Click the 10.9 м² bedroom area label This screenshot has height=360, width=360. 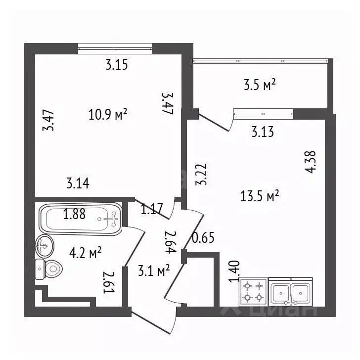point(108,115)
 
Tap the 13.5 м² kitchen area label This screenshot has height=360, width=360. point(260,196)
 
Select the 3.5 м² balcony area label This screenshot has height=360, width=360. point(260,85)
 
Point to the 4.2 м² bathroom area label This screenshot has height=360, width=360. point(86,253)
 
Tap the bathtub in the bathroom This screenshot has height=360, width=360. point(81,219)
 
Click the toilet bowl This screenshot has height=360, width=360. point(49,269)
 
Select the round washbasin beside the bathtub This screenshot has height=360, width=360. point(45,246)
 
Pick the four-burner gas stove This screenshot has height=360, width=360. point(254,292)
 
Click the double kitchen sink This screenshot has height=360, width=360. point(291,292)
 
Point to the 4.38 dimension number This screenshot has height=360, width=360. point(310,162)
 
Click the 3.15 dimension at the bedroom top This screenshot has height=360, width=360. point(117,65)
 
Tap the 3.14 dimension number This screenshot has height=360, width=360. point(78,183)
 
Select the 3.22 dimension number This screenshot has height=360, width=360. point(201,174)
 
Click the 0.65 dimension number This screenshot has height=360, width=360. point(203,238)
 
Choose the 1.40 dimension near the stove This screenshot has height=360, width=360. point(234,271)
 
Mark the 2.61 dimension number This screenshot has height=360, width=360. point(109,282)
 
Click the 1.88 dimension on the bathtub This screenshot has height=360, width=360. point(74,214)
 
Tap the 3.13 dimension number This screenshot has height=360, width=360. point(263,132)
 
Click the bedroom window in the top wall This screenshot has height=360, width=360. point(115,48)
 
